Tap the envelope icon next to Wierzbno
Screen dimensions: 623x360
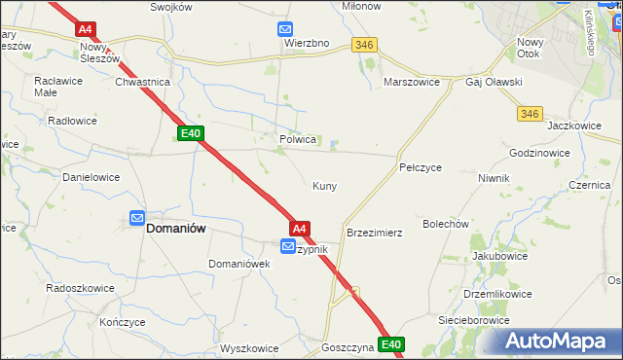click(x=284, y=29)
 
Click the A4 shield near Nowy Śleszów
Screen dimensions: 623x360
click(x=85, y=30)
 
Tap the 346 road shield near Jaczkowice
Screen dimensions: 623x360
click(x=530, y=114)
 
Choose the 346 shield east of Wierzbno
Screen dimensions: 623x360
click(x=365, y=45)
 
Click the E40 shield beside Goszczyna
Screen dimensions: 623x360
click(x=391, y=344)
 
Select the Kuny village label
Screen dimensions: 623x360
click(x=324, y=185)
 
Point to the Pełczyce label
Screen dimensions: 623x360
click(x=421, y=168)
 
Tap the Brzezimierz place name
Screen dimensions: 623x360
click(x=375, y=234)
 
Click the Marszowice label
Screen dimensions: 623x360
click(x=414, y=83)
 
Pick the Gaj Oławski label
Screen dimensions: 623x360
click(x=495, y=83)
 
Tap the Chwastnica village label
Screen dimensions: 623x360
click(x=143, y=83)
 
